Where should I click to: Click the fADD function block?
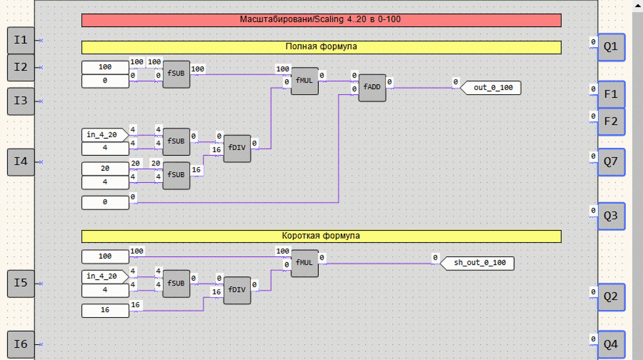click(372, 88)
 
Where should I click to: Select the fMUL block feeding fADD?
click(304, 81)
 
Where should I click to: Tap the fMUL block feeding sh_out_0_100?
click(304, 263)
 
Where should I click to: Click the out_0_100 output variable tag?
click(491, 88)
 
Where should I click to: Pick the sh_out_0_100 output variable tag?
click(477, 263)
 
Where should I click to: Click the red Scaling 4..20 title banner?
click(321, 20)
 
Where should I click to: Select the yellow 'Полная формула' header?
click(321, 47)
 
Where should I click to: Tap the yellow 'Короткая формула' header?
click(321, 236)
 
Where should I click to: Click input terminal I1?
click(21, 40)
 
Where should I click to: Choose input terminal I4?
click(21, 162)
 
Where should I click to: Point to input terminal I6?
click(21, 344)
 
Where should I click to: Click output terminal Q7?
click(611, 162)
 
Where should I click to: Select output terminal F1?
click(611, 94)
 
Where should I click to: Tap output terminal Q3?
click(611, 216)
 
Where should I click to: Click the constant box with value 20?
click(106, 169)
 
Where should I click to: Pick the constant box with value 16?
click(106, 311)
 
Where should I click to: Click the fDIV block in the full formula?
click(237, 148)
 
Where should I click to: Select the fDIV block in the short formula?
click(237, 290)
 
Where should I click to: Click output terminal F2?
click(611, 122)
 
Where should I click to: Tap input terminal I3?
click(21, 101)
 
